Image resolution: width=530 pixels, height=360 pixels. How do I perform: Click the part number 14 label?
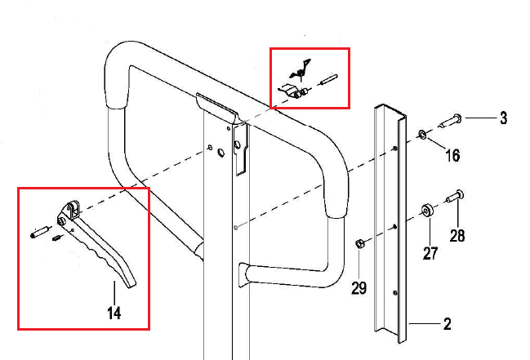click(x=114, y=313)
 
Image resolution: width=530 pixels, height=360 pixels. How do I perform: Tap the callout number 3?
click(x=503, y=119)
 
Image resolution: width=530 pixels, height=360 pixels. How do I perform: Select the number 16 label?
click(x=452, y=155)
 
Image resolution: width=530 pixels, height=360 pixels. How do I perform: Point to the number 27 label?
click(x=430, y=253)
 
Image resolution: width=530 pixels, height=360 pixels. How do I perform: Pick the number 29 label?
click(x=359, y=288)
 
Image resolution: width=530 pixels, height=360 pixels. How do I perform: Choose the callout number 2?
click(x=447, y=324)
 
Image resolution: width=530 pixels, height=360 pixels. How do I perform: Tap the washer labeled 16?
click(x=421, y=133)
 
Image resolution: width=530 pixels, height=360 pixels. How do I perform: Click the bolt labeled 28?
click(x=457, y=196)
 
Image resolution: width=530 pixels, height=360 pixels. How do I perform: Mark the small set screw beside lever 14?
click(x=58, y=238)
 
